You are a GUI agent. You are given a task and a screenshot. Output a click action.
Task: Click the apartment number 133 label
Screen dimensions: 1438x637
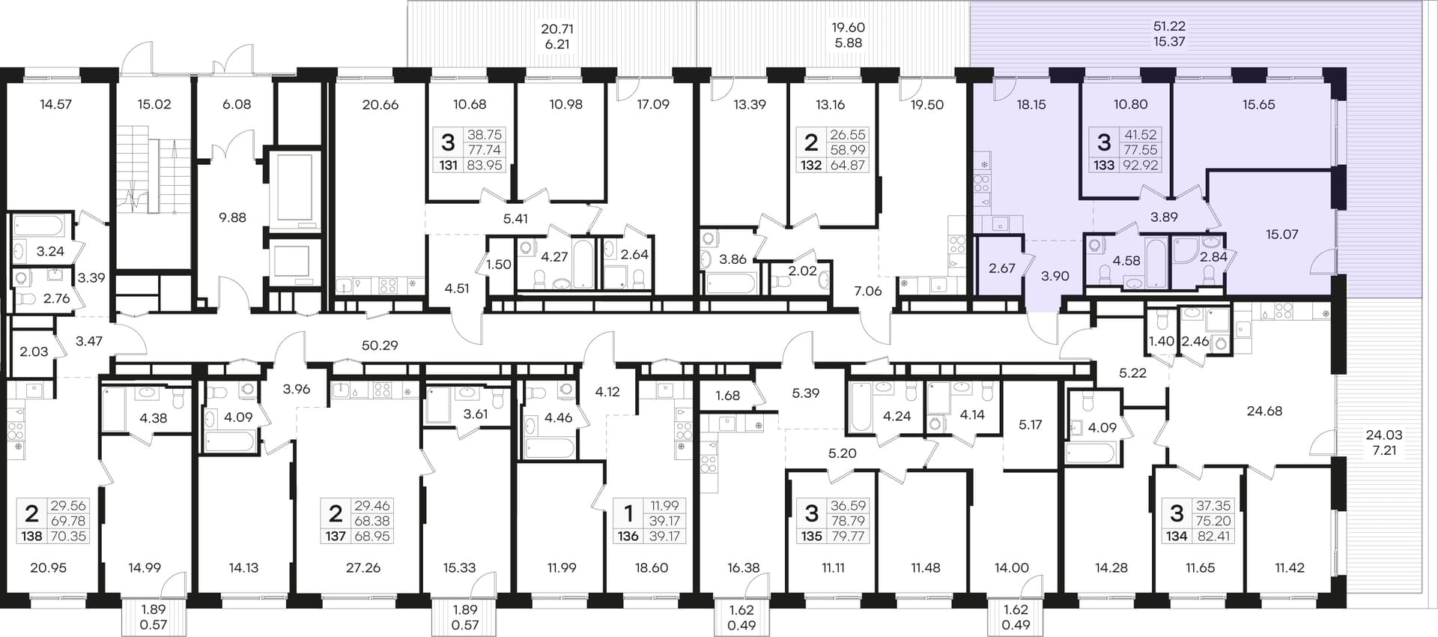coord(1104,165)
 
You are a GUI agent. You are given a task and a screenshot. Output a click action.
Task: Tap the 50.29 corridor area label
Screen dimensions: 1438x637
coord(380,345)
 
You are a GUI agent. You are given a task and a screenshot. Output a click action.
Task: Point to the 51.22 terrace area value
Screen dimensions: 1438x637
coord(1169,26)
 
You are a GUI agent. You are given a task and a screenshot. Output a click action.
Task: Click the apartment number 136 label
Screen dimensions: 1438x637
coord(628,536)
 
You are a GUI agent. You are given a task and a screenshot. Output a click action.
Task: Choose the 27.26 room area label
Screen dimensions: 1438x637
coord(363,567)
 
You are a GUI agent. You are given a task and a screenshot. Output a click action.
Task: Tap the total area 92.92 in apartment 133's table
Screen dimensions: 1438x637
coord(1140,165)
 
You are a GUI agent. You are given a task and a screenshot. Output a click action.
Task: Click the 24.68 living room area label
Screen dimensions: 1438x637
coord(1264,411)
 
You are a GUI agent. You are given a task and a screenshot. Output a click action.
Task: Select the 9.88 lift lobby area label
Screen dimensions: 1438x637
coord(232,217)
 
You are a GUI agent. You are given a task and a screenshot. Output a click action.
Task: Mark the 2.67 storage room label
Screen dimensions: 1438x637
coord(1001,268)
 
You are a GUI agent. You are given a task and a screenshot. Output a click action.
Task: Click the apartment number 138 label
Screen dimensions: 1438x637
coord(31,536)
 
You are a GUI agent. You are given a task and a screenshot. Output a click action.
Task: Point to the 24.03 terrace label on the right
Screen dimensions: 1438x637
coord(1384,435)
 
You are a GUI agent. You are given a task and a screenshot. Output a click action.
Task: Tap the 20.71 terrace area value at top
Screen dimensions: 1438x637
coord(557,29)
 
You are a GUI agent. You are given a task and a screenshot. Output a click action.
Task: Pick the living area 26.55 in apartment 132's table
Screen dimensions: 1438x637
coord(848,135)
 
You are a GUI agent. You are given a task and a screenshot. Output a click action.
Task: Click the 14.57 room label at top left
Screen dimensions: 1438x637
coord(55,104)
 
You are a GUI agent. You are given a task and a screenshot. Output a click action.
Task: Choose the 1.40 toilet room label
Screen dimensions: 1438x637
coord(1161,342)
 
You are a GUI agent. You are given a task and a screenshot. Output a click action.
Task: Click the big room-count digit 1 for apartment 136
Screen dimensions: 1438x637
coord(628,513)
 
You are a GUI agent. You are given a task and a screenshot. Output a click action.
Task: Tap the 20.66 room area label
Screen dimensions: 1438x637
coord(380,105)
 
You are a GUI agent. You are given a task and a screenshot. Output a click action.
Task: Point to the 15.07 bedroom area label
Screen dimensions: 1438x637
coord(1282,235)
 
